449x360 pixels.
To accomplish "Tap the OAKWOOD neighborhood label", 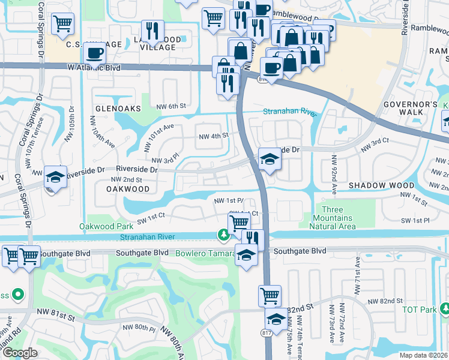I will (x=128, y=188).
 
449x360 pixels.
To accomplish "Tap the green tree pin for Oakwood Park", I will (x=224, y=236).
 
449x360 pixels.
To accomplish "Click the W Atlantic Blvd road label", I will (x=94, y=68).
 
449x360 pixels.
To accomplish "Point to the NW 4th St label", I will (x=214, y=136).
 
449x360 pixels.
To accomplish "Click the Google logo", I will (x=20, y=352).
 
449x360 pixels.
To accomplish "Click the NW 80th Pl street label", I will (x=139, y=328).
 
